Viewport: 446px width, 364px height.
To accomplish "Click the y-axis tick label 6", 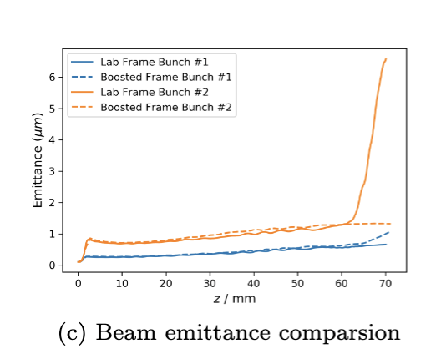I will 52,77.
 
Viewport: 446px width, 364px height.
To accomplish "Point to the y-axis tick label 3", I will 52,171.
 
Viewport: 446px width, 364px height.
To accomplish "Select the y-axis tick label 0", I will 52,265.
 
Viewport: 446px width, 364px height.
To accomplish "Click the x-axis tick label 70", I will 386,283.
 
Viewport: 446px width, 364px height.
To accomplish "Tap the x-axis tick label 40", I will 254,283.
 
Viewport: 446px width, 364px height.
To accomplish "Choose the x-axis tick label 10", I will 122,283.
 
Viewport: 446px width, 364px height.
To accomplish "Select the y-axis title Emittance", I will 37,163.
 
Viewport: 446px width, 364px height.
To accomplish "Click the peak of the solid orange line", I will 386,58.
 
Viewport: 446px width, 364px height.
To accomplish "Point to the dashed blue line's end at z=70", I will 388,232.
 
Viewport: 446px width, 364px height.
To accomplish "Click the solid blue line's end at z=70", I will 386,245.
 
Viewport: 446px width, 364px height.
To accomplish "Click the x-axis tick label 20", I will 166,283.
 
